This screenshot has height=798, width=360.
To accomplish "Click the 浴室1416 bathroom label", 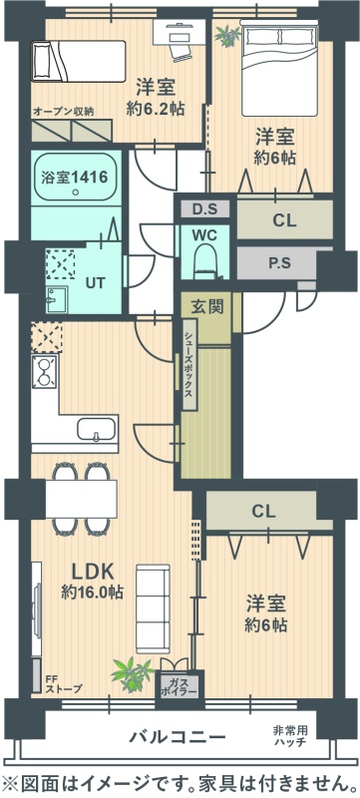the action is coord(74,178).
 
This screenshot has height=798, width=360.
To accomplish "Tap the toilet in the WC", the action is coord(205,260).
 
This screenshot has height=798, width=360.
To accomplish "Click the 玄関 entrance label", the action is coord(206,307).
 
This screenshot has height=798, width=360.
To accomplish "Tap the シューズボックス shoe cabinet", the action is coord(189,364).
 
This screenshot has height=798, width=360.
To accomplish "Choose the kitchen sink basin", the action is coord(97,430).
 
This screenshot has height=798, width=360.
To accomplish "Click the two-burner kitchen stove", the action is coord(45,372).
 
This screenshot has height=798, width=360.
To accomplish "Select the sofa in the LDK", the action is coord(153,608).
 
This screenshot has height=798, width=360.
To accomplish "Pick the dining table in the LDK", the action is coord(82,498).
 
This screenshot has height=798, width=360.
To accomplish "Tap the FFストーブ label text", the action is coord(63,684).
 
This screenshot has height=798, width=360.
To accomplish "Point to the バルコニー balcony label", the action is coord(177,736).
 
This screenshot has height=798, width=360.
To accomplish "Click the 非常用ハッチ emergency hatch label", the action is coord(295,736).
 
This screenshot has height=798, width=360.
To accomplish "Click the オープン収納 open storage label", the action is coord(64,111).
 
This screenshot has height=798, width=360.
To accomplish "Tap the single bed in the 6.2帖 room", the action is coord(79,61).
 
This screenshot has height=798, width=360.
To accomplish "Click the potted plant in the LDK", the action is coord(132,674).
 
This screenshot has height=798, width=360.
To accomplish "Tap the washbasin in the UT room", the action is coord(56,299).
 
